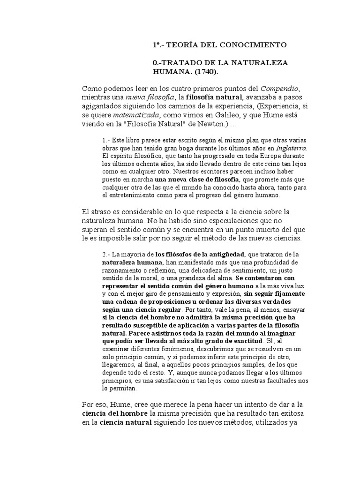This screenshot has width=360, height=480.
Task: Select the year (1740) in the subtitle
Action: pyautogui.click(x=203, y=72)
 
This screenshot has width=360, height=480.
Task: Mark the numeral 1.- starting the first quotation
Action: pyautogui.click(x=105, y=140)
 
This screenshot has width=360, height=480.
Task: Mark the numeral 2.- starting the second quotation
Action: pyautogui.click(x=105, y=254)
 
